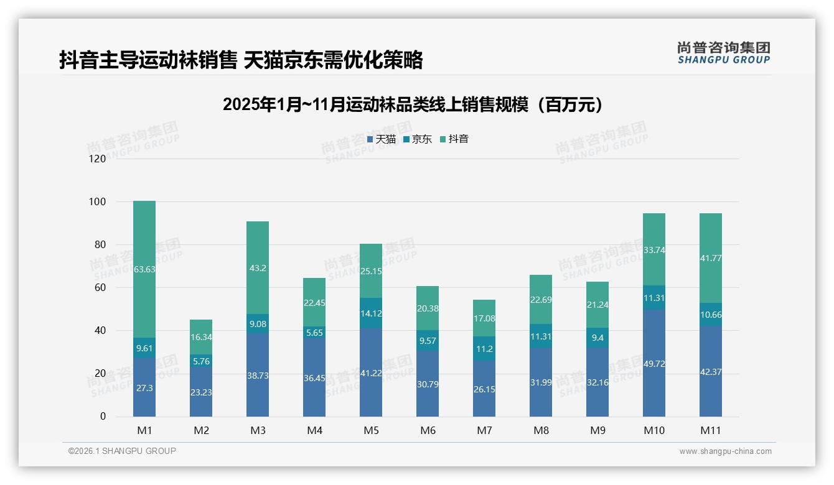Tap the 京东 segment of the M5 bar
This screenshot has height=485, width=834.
click(371, 313)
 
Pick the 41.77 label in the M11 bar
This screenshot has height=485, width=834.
click(711, 258)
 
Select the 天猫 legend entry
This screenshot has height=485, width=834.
click(381, 139)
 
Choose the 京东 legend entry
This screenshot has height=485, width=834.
click(418, 139)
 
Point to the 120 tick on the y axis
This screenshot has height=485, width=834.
click(98, 159)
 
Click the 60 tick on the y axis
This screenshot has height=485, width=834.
click(100, 288)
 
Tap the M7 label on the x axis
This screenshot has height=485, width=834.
click(484, 430)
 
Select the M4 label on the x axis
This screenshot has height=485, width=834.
click(314, 430)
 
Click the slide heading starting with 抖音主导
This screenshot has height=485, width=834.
click(241, 60)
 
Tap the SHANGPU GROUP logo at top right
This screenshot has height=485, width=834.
click(723, 53)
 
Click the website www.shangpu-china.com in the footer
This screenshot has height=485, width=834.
click(725, 451)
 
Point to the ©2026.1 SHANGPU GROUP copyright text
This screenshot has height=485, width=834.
click(122, 451)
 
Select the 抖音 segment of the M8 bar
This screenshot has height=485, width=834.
click(541, 299)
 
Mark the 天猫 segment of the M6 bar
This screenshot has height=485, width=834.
click(428, 384)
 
